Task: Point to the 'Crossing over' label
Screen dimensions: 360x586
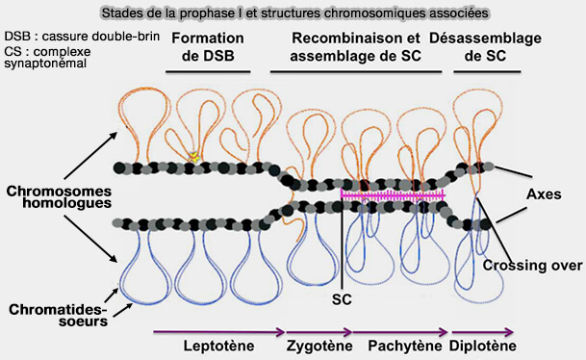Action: [x=530, y=266]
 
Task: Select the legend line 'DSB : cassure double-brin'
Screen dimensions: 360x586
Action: [x=66, y=36]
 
